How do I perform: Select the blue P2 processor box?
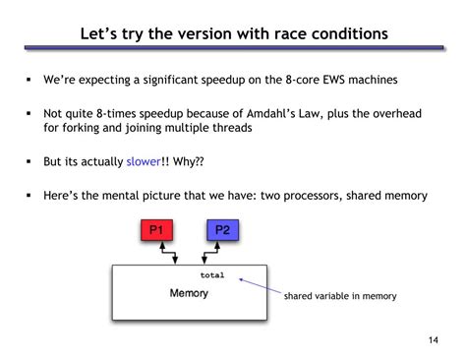tap(221, 231)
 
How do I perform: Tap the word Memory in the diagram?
tap(189, 293)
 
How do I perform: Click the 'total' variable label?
tap(211, 276)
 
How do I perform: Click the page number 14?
tap(434, 340)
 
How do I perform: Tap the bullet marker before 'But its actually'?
tap(29, 160)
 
